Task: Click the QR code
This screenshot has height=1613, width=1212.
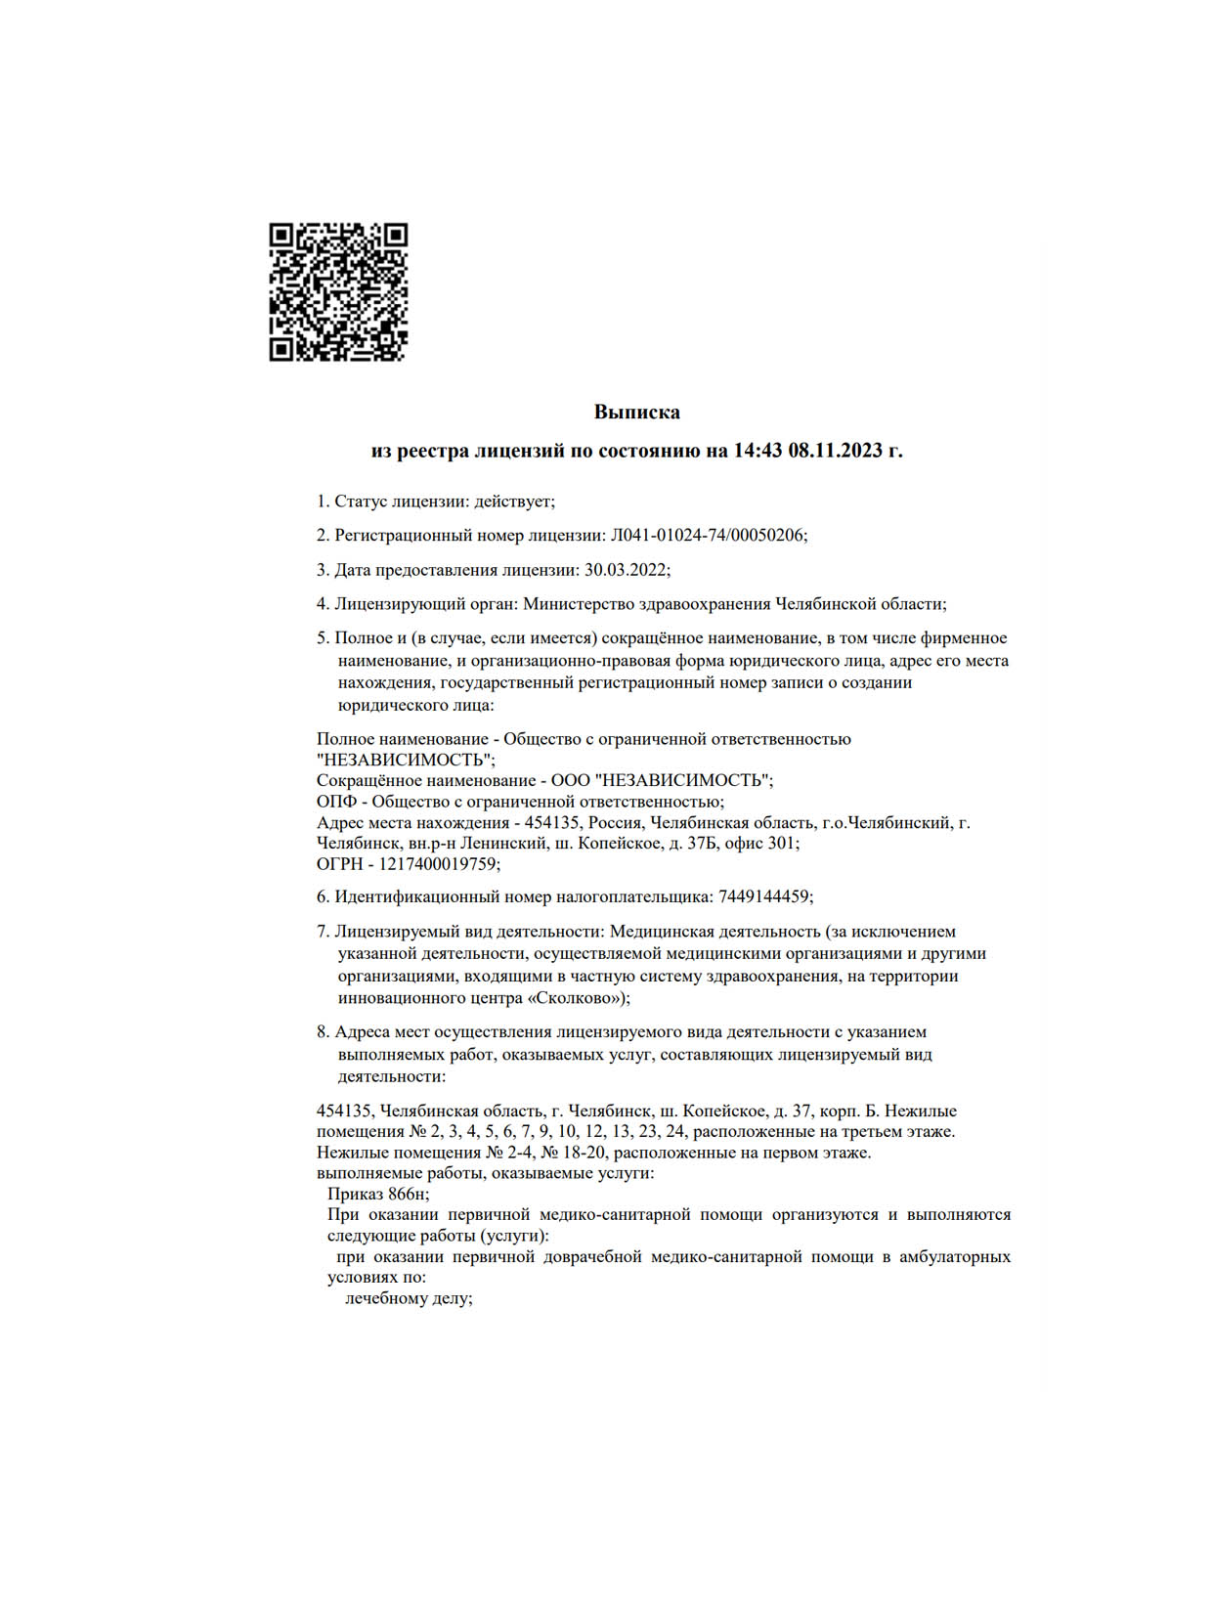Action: point(338,292)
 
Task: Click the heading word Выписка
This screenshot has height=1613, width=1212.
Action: point(636,413)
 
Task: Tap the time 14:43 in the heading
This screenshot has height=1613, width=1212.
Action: point(757,451)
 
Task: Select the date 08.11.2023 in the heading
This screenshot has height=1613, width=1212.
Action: point(835,451)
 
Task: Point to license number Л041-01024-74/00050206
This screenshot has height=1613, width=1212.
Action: point(708,536)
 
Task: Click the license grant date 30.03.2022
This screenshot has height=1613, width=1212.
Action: point(626,570)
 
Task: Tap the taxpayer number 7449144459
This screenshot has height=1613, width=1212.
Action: point(763,896)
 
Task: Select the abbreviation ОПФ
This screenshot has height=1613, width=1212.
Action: point(336,802)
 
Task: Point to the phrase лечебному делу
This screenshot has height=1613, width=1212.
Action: point(409,1299)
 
